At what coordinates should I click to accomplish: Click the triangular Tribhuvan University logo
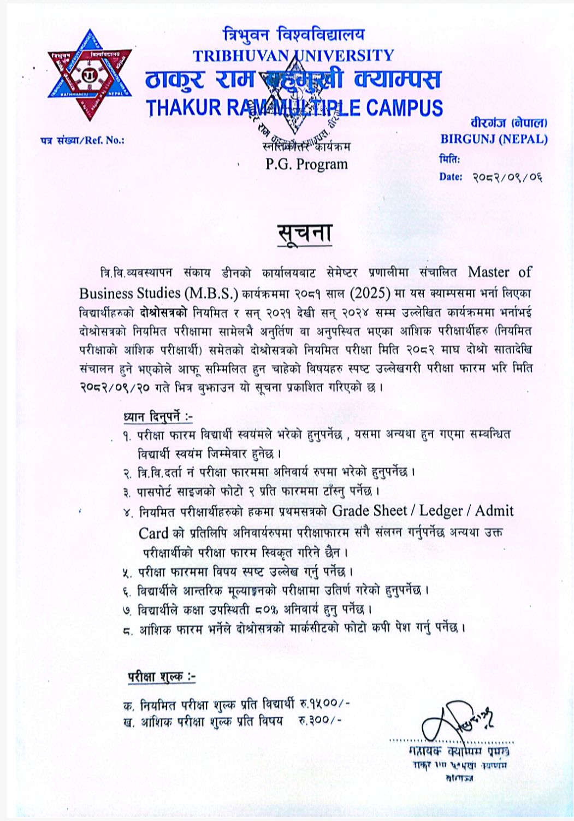click(x=90, y=75)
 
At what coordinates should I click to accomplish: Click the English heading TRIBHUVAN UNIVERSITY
click(x=293, y=56)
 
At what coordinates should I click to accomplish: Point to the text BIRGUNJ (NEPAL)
click(x=494, y=139)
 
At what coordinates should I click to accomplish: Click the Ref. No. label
click(x=82, y=140)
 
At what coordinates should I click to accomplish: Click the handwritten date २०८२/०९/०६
click(x=507, y=177)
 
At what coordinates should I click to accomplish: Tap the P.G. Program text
click(x=306, y=164)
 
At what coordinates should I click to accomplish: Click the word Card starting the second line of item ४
click(x=153, y=533)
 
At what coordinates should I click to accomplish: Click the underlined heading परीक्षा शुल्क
click(x=162, y=677)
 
